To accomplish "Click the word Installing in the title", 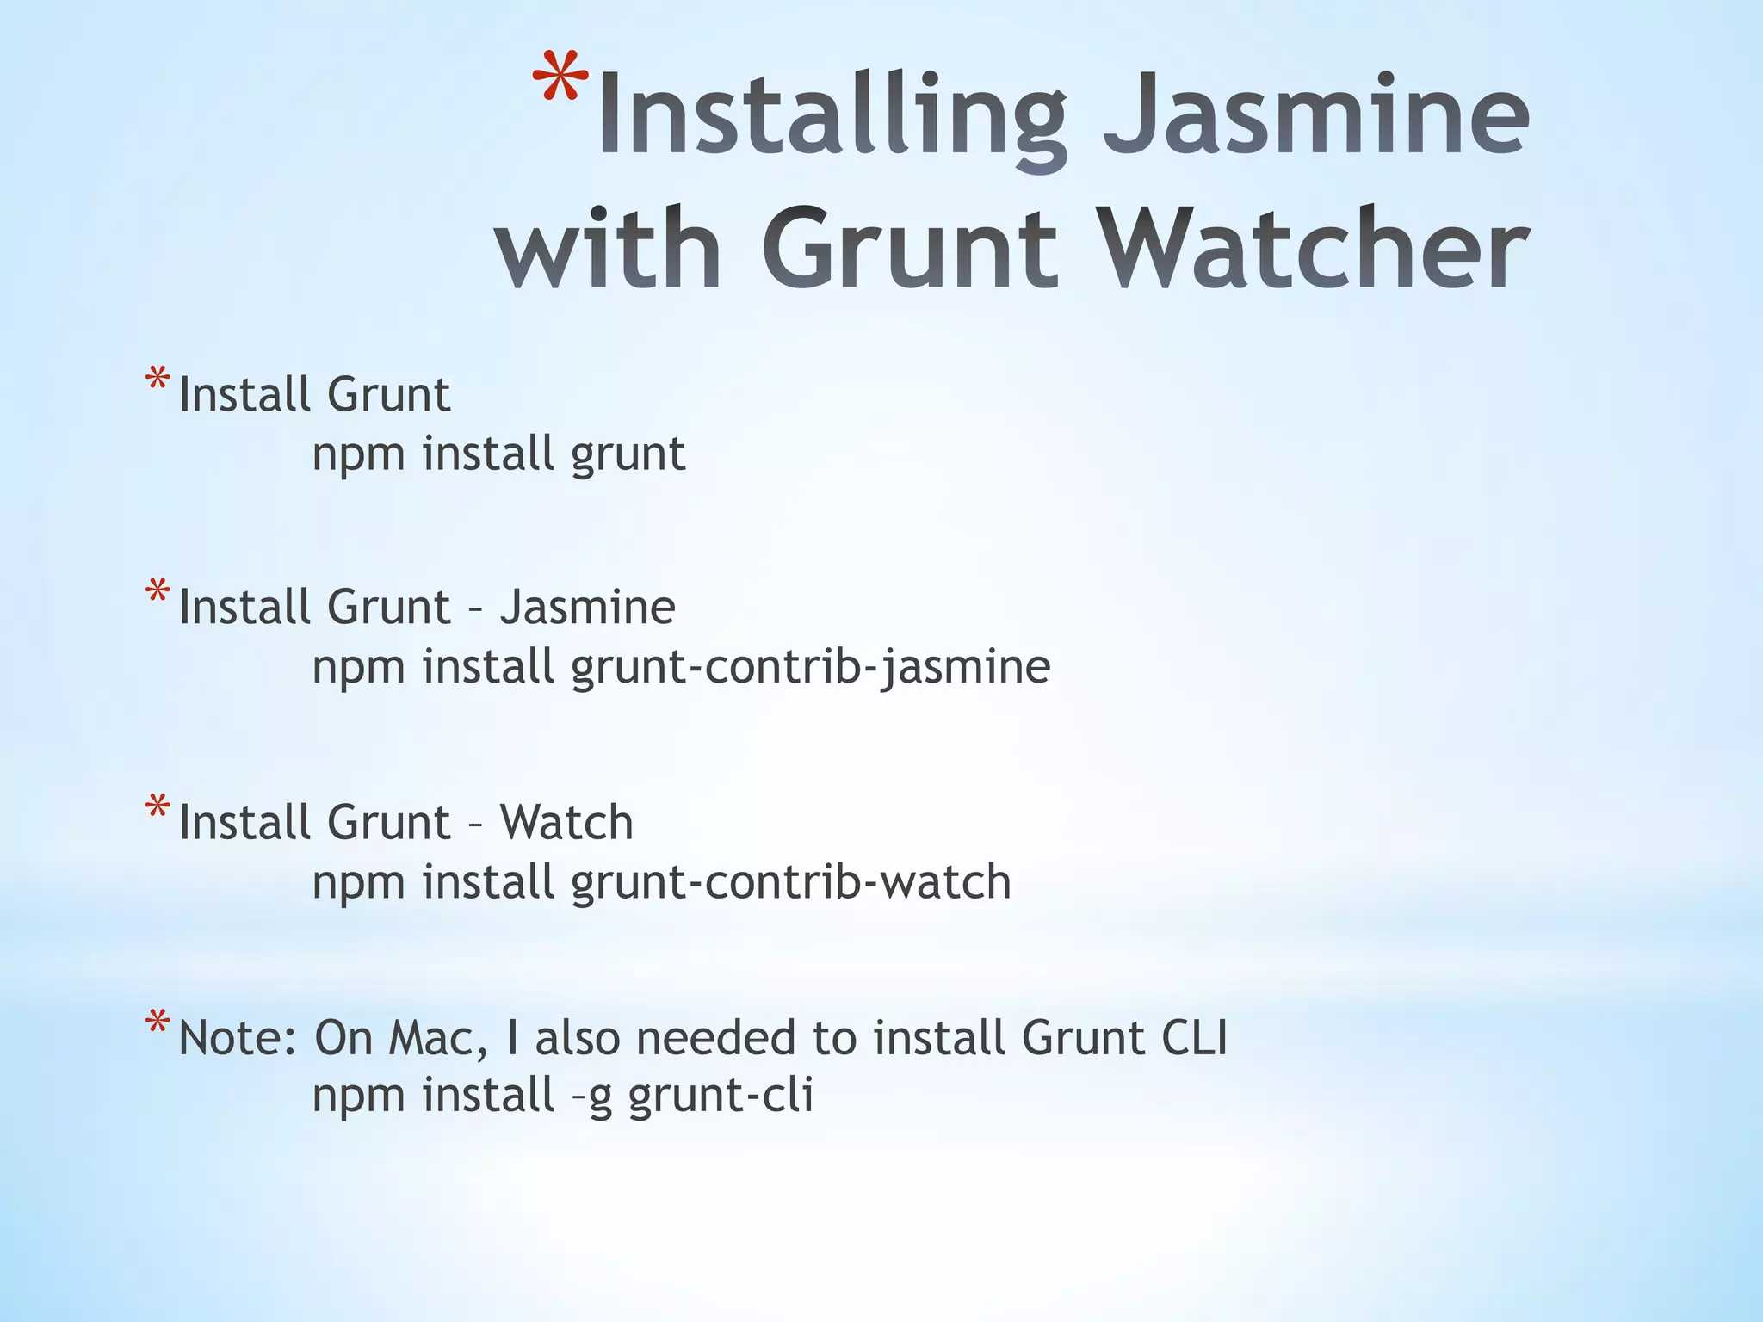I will tap(832, 116).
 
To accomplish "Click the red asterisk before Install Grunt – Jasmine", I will tap(158, 593).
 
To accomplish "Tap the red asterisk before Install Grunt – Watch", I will tap(158, 808).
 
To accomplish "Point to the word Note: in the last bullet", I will tap(238, 1038).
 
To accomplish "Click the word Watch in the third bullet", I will tap(566, 822).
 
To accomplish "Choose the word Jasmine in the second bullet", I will tap(588, 608).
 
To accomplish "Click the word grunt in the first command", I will tap(628, 454).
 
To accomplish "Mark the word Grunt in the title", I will tap(909, 250).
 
